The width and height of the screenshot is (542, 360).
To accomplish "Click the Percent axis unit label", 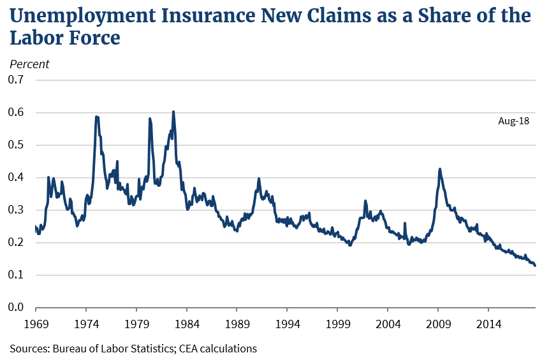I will pyautogui.click(x=29, y=64).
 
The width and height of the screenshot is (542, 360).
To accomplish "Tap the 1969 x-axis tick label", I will pyautogui.click(x=36, y=323).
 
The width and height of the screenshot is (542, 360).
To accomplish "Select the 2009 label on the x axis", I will pyautogui.click(x=439, y=323).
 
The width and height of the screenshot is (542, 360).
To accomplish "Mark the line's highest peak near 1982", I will pyautogui.click(x=173, y=112).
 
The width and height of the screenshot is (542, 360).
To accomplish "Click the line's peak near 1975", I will pyautogui.click(x=96, y=117).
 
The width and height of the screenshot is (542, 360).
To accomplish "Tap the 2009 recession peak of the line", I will pyautogui.click(x=440, y=169).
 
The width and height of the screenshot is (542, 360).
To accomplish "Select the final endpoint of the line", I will pyautogui.click(x=535, y=266).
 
